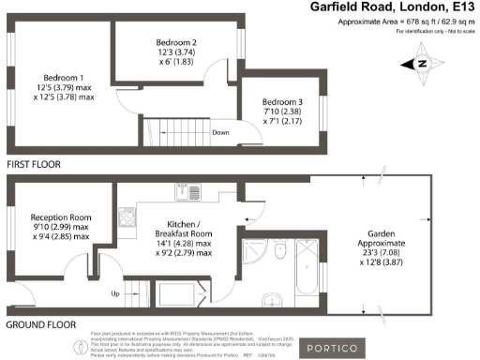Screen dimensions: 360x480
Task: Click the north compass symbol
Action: pos(420,64)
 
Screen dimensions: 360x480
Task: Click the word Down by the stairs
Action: pos(221,132)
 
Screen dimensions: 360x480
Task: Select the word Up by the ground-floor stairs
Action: pos(116,292)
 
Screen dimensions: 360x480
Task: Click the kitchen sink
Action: pos(181,194)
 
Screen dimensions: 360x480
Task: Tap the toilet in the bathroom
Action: pos(280,250)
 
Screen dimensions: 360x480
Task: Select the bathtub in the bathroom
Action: pos(306,272)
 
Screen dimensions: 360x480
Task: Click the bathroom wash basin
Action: pos(273,300)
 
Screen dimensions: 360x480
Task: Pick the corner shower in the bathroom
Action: pos(253,251)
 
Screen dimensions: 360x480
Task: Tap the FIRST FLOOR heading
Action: pos(34,164)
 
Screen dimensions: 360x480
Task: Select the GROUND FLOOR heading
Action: pos(40,324)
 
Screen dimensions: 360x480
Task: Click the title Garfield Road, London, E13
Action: pos(393,7)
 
